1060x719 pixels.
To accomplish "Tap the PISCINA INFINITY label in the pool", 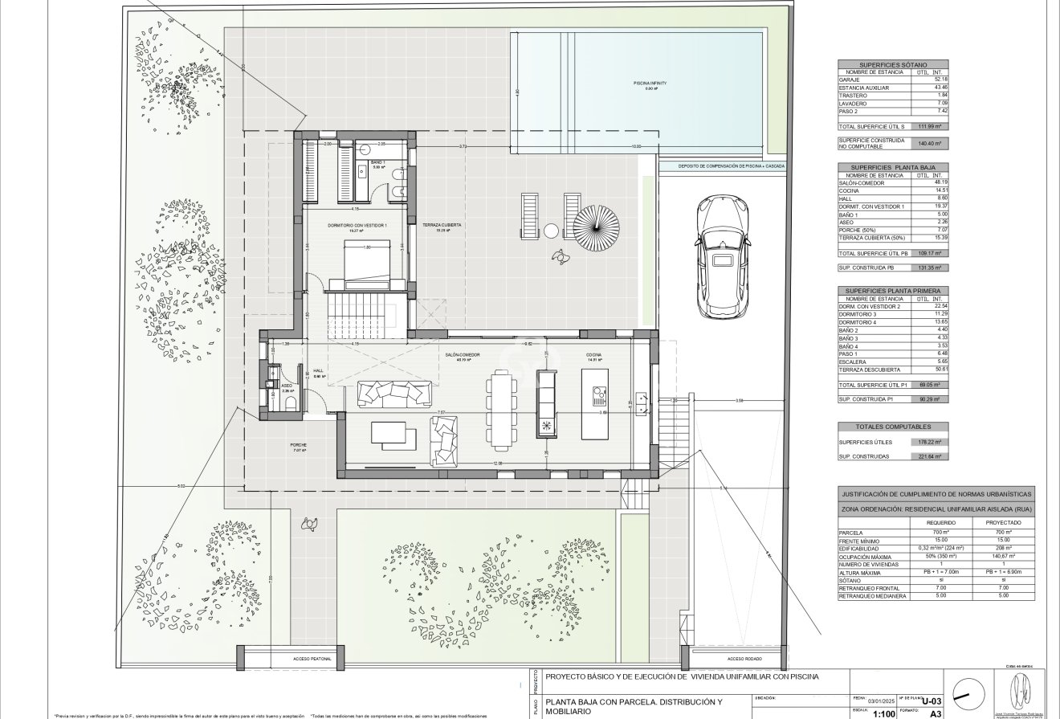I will (650, 84).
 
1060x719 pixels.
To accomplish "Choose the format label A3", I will (935, 712).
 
